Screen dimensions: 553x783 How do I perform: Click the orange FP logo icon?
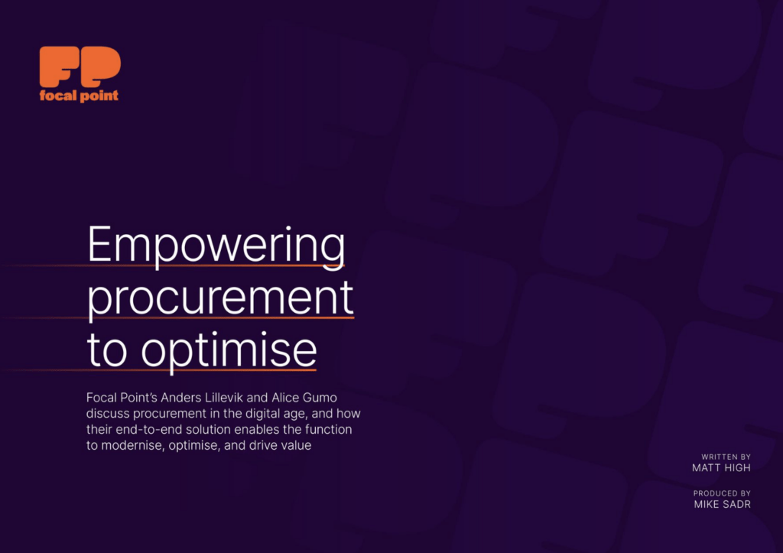[x=80, y=67]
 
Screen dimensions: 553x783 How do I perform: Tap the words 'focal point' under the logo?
[x=80, y=96]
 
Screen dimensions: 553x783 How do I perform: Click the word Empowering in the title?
[x=216, y=246]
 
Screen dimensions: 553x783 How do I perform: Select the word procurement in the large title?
[x=221, y=298]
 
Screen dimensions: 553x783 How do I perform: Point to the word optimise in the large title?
[x=229, y=350]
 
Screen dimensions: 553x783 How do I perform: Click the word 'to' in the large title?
[x=110, y=350]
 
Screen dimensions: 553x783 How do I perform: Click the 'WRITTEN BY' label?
[x=726, y=457]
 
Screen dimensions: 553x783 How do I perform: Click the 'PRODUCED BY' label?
[x=722, y=494]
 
